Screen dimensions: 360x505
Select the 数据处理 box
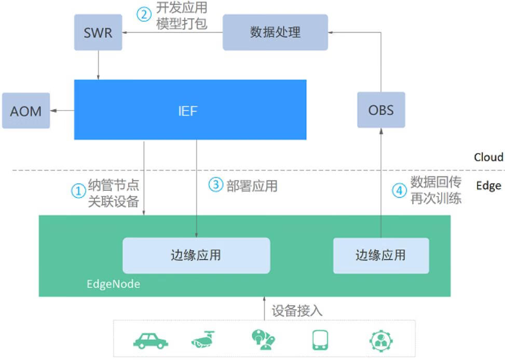tap(275, 32)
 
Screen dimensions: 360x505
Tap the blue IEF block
tap(190, 110)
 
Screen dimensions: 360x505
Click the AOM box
tap(26, 110)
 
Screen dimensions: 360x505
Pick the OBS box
tap(381, 110)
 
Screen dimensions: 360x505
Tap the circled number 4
tap(399, 190)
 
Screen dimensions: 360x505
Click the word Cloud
tap(488, 157)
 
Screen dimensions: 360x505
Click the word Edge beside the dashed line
tap(488, 185)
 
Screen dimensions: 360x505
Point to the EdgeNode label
tap(113, 284)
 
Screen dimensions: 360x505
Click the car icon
tap(151, 340)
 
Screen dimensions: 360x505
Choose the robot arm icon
tap(263, 340)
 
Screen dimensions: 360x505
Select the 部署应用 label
tap(252, 185)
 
